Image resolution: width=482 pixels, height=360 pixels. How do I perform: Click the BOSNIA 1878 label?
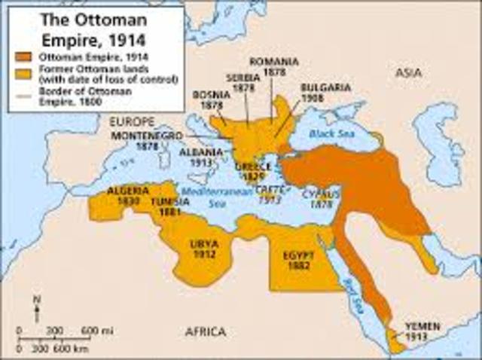[206, 101]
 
